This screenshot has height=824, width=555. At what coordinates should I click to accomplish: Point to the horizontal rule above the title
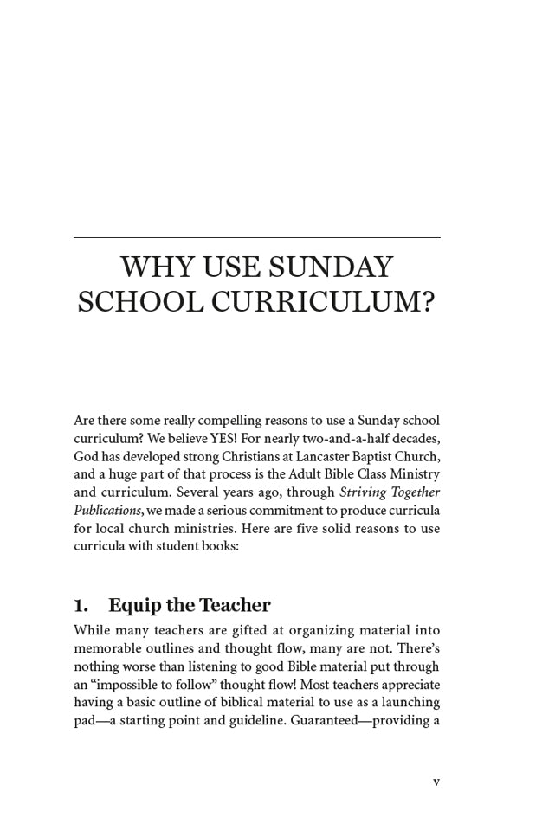tap(256, 237)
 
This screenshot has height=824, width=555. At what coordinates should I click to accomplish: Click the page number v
tap(436, 782)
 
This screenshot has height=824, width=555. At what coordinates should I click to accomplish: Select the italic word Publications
tap(107, 511)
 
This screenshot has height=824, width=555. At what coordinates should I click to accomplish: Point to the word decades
tap(415, 438)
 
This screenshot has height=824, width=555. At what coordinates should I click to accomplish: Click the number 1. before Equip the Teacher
tap(81, 605)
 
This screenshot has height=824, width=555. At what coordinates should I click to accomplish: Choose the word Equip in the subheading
tap(131, 606)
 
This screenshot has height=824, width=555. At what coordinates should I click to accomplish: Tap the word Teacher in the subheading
tap(235, 605)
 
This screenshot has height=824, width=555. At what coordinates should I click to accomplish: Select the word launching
tap(409, 702)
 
